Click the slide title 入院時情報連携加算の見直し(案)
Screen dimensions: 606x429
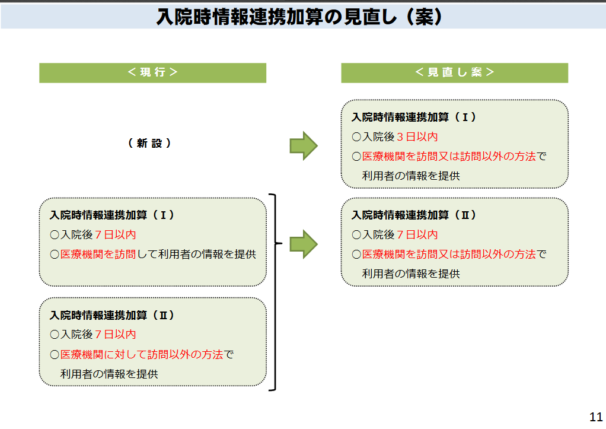pos(299,17)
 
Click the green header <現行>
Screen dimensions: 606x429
pos(152,73)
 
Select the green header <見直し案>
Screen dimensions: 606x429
pos(454,73)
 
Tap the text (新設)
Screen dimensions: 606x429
pos(149,143)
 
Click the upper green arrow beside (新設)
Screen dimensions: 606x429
pos(304,146)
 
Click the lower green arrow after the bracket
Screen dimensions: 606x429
pos(304,244)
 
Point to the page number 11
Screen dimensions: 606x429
pos(596,417)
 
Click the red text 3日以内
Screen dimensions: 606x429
pos(417,136)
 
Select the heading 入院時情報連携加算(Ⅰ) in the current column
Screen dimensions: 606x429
pos(112,215)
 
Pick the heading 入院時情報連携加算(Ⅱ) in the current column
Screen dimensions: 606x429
pos(112,315)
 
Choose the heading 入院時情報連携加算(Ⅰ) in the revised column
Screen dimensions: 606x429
pos(414,117)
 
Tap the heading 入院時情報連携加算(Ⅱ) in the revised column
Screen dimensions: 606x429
pos(414,215)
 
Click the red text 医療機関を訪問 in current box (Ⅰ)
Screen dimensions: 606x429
pos(98,254)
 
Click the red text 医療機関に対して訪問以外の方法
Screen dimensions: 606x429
pos(142,354)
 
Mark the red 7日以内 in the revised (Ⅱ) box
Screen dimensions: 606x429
pos(417,234)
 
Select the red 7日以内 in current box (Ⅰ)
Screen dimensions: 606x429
pos(116,234)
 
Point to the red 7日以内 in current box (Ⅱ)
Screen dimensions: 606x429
pos(116,334)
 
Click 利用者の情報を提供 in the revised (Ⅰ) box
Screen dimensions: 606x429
pos(411,176)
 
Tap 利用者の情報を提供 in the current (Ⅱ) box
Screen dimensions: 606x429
pos(109,374)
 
